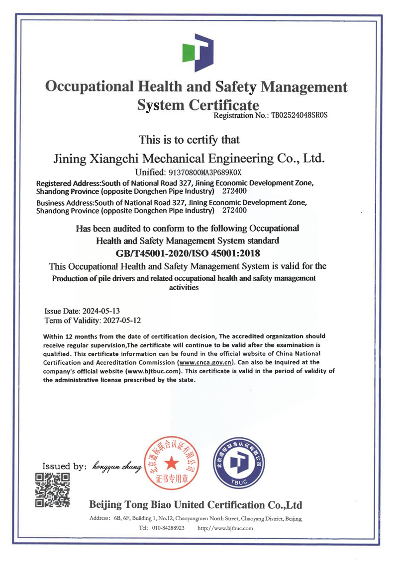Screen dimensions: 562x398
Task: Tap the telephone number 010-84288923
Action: click(x=169, y=528)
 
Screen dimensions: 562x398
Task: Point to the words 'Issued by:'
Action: click(x=64, y=467)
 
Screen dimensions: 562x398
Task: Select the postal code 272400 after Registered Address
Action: click(x=234, y=191)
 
